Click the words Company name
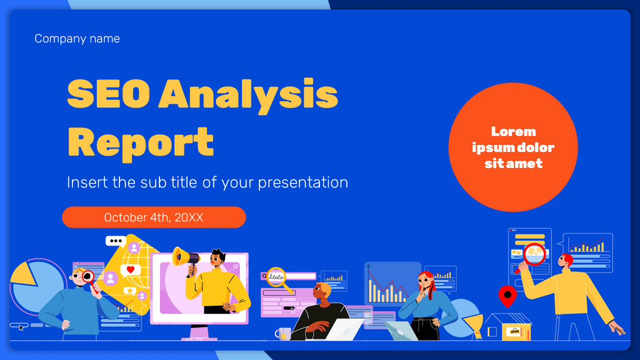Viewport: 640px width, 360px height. (x=77, y=39)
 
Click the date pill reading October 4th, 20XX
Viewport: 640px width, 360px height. (x=154, y=217)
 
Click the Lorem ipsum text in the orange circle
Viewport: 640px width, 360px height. (x=513, y=147)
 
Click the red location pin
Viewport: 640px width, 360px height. (x=507, y=295)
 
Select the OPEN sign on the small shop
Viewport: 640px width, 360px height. (x=515, y=331)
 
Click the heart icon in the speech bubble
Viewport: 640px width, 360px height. (x=131, y=270)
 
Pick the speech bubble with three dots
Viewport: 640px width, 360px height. (x=116, y=241)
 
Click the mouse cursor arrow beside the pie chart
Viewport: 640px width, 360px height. (x=21, y=327)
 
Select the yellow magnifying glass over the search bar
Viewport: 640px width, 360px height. (x=277, y=276)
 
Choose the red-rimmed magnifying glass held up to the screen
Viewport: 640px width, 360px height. (x=535, y=254)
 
